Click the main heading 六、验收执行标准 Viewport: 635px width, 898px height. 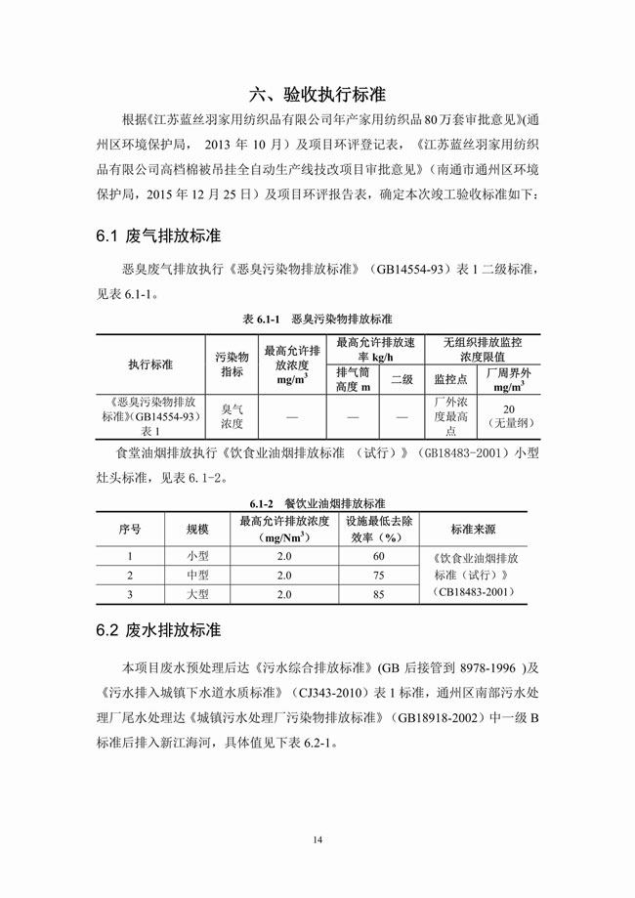[317, 95]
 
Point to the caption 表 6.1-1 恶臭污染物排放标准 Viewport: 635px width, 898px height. [317, 320]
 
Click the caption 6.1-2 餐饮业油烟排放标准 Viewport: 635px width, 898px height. [317, 501]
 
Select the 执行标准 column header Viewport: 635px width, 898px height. [149, 363]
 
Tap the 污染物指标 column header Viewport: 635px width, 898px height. [232, 363]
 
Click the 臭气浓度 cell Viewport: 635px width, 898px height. [232, 417]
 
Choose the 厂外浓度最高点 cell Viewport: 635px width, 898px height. [450, 417]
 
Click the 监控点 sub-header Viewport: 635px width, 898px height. [450, 379]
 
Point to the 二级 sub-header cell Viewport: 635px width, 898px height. [402, 379]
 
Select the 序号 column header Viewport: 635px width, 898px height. [130, 529]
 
